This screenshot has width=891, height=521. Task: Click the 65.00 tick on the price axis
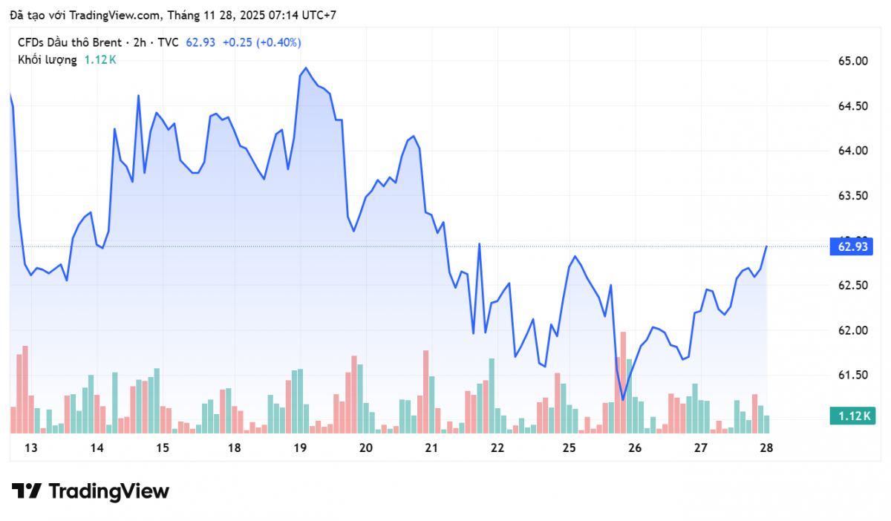tap(853, 61)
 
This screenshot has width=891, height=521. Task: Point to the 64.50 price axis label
tap(853, 106)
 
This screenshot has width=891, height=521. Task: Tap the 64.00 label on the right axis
tap(853, 151)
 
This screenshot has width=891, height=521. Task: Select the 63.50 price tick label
tap(853, 196)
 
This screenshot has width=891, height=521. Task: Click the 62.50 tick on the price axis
tap(853, 286)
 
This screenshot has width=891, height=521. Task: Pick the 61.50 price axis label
tap(853, 376)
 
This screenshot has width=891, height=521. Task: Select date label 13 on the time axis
tap(30, 448)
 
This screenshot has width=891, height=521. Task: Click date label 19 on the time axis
tap(300, 448)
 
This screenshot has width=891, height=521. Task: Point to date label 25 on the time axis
tap(569, 448)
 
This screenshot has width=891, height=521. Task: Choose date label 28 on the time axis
tap(766, 448)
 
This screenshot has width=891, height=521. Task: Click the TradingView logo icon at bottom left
tap(27, 491)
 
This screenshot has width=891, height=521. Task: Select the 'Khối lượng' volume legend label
tap(47, 59)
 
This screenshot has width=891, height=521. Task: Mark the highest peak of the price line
tap(306, 68)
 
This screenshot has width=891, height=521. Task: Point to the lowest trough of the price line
tap(622, 399)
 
